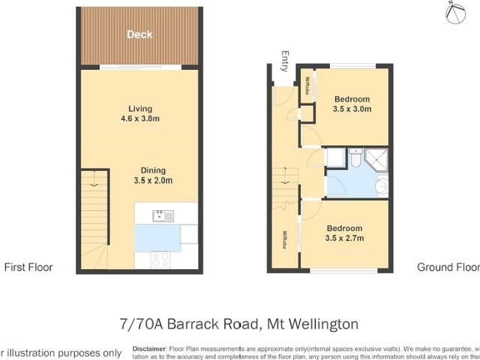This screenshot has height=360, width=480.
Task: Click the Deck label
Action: click(139, 34)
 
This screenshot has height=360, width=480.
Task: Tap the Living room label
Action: click(139, 106)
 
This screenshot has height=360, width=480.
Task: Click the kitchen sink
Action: click(163, 217)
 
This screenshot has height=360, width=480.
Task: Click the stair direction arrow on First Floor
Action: click(93, 181)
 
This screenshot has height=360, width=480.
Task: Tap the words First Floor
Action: click(28, 266)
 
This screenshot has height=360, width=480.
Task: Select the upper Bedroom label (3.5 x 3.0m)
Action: click(352, 99)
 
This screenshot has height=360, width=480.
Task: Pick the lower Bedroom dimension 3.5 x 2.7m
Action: click(346, 238)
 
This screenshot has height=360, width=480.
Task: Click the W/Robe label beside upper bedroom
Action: click(307, 88)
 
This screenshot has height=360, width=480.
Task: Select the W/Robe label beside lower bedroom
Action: click(286, 243)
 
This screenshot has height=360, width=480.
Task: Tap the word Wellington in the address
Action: click(313, 324)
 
